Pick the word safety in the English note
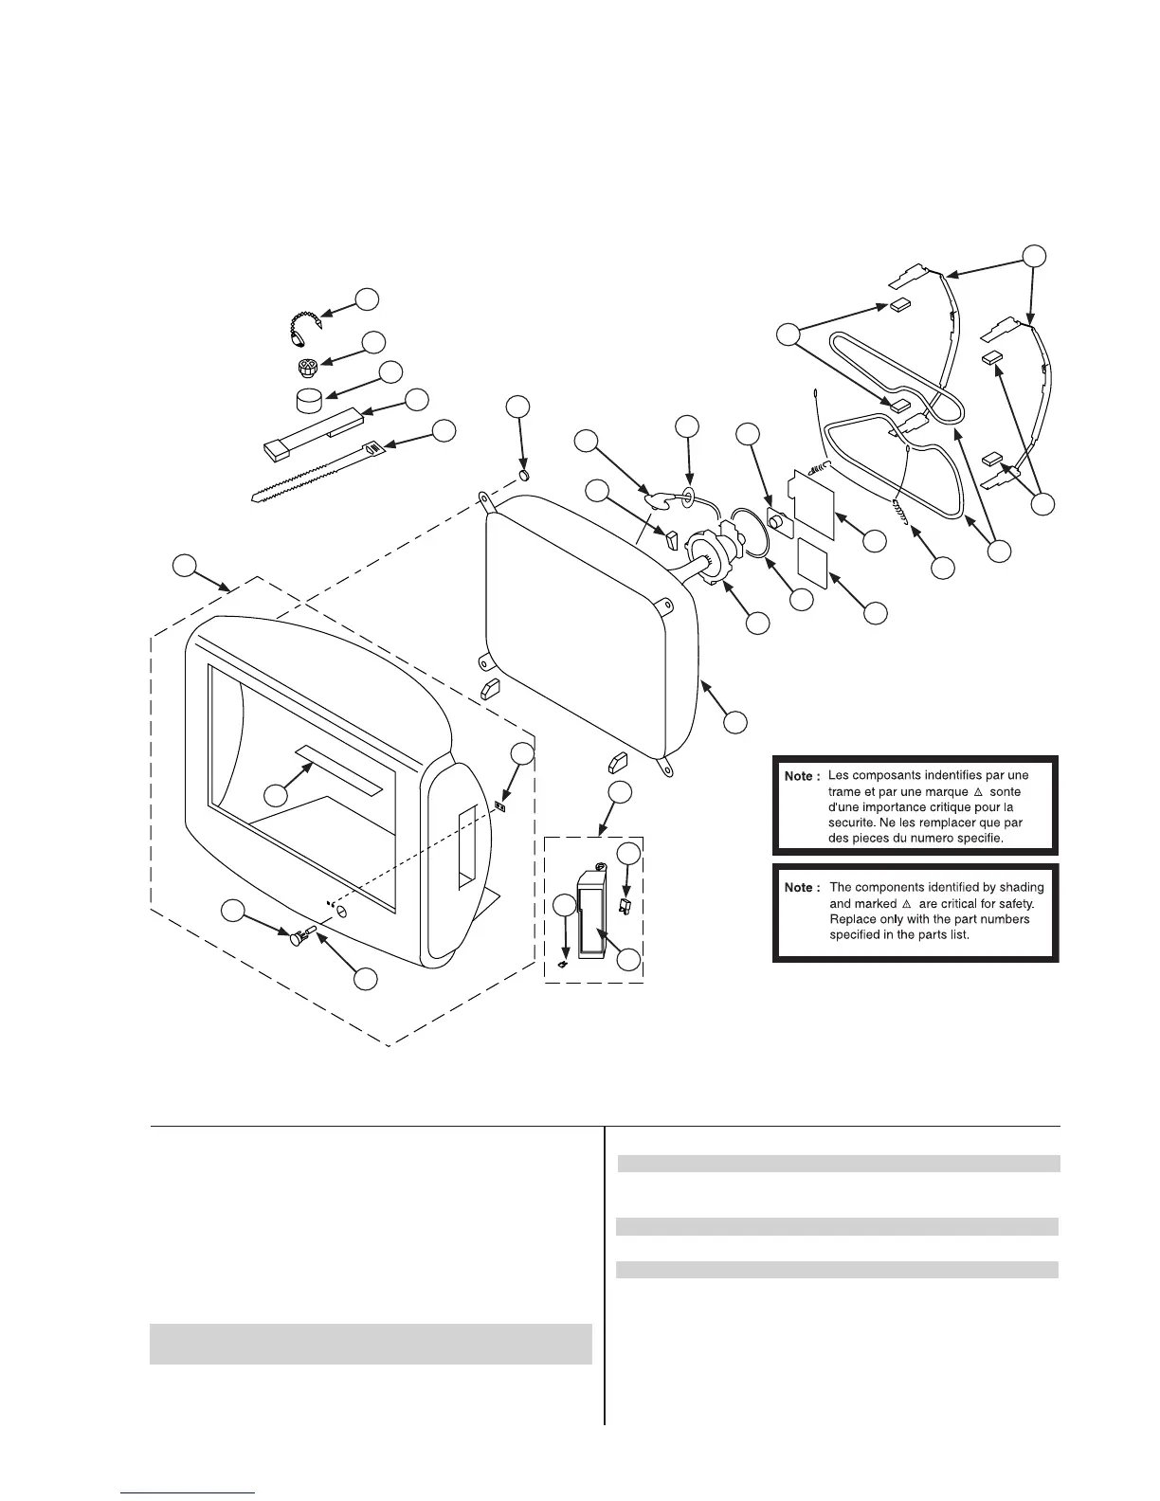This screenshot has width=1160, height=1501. (x=1024, y=904)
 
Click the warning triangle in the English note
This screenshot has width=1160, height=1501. (x=907, y=904)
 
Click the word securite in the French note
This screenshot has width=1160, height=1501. (x=846, y=823)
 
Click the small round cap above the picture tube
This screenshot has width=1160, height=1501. (x=524, y=473)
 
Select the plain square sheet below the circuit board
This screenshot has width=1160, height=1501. (x=813, y=564)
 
